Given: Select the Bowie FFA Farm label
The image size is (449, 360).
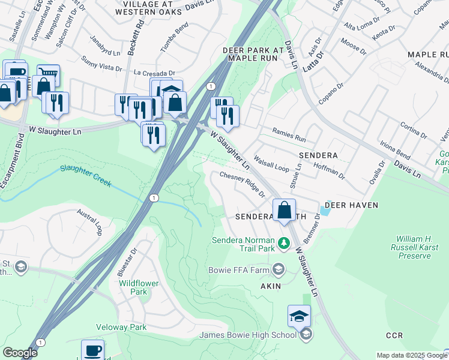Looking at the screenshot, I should point(238,270).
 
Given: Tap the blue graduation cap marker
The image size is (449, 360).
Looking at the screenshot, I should point(300,316).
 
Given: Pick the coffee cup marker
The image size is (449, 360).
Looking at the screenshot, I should point(92,350).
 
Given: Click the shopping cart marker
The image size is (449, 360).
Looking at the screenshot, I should point(48,75).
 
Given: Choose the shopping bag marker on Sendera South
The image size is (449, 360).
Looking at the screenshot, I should point(284,211).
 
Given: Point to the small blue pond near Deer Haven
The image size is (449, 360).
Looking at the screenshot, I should point(325,211).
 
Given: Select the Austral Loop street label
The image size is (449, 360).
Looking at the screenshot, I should point(90,222).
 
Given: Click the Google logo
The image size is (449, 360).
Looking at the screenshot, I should point(19,353).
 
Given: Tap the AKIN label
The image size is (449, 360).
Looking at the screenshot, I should point(270,286).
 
